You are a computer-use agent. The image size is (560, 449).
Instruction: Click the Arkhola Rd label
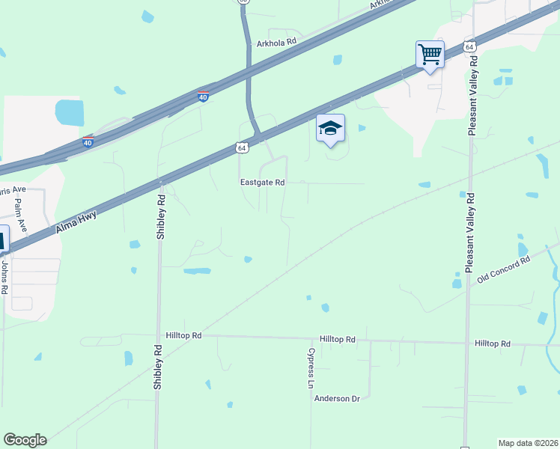tap(278, 44)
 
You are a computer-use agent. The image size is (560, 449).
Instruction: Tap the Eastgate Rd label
tap(262, 182)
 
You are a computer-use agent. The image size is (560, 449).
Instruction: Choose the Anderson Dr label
tap(337, 399)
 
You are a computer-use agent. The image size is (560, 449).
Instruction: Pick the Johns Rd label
tap(4, 275)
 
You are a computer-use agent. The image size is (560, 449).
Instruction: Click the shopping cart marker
tap(430, 55)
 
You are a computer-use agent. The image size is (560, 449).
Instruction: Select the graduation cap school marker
tap(330, 129)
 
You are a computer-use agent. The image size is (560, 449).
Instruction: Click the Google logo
tap(25, 440)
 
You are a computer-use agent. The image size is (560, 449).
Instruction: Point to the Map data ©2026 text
tap(527, 443)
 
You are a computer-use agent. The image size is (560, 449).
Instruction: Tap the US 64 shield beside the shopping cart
tap(469, 46)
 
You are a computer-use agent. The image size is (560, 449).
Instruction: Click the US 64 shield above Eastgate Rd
tap(241, 148)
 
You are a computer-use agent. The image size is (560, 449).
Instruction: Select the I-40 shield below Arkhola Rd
tap(204, 97)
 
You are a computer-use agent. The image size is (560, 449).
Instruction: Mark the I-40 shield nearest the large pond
tap(88, 142)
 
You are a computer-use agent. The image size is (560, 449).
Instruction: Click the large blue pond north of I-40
tap(69, 113)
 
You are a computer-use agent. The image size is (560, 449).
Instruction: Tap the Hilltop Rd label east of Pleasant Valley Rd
tap(492, 343)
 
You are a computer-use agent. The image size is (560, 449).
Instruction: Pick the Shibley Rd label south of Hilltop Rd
tap(158, 366)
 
